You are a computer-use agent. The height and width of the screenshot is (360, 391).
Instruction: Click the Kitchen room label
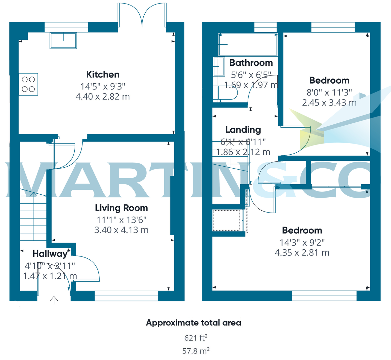click(x=103, y=75)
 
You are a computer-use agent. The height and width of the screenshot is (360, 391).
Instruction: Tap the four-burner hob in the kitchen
click(x=28, y=84)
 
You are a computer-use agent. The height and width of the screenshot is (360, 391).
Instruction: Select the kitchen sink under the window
click(x=63, y=41)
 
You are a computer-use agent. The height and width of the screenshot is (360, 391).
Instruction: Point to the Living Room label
click(x=121, y=208)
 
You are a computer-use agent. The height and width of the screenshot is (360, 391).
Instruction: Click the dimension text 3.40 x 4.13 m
click(x=121, y=230)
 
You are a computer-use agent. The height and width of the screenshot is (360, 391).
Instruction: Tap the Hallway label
click(x=50, y=254)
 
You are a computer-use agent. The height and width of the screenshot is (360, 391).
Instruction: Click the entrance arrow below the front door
click(x=54, y=299)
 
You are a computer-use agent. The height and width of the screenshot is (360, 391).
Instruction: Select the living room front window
click(x=126, y=296)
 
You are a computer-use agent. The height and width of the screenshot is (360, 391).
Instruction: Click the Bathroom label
click(x=251, y=63)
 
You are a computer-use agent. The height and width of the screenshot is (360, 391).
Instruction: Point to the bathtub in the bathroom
click(x=248, y=45)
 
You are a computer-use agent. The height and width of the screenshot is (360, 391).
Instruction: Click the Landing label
click(x=243, y=130)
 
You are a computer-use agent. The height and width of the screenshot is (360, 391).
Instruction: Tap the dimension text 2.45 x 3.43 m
click(x=329, y=103)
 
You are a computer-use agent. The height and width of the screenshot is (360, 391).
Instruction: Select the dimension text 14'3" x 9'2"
click(x=302, y=243)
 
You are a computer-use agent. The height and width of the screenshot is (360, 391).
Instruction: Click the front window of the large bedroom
click(x=324, y=296)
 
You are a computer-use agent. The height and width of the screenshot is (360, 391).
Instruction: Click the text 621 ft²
click(x=196, y=338)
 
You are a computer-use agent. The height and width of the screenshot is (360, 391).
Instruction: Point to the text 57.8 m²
click(x=196, y=351)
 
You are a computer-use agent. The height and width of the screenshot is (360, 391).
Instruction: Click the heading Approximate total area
click(x=194, y=323)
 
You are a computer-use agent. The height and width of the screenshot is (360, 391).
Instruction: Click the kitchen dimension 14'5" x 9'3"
click(x=103, y=87)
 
